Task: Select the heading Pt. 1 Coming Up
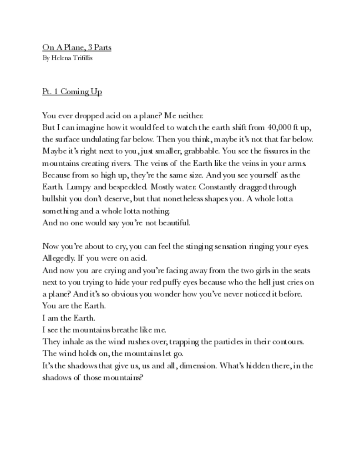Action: (72, 92)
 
